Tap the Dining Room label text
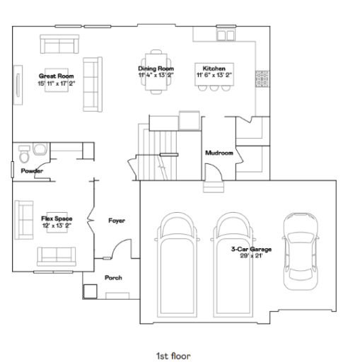tap(155, 69)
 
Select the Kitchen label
tap(214, 69)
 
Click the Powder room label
tap(32, 171)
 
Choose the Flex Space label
tap(57, 219)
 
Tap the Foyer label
tap(117, 221)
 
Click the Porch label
tap(113, 278)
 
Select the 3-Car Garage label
tap(251, 249)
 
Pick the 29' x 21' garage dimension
tap(251, 255)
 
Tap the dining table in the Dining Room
tap(155, 71)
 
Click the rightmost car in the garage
tap(300, 251)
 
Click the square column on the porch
tap(91, 291)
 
